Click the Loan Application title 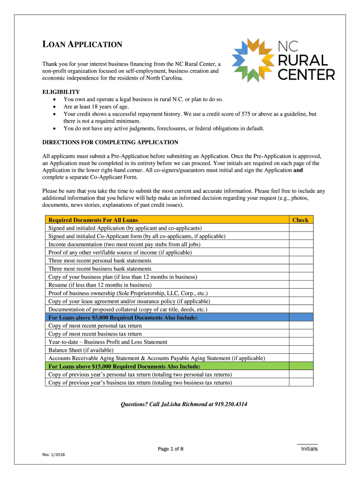pos(82,45)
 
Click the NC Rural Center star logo pos(253,60)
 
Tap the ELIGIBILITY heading pos(61,92)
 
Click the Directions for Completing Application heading pos(110,142)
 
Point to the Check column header pos(300,220)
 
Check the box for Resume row pos(300,285)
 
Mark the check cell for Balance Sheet pos(300,350)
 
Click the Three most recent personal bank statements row pos(100,261)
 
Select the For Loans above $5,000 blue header pos(123,318)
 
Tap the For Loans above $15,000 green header pos(125,366)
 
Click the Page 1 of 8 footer pos(171,449)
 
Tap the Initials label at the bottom pos(309,449)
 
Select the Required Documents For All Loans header pos(93,220)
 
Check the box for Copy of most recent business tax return pos(300,334)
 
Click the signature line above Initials pos(307,444)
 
